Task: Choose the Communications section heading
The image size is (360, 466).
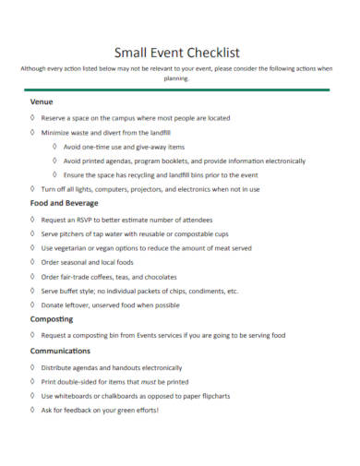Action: [60, 352]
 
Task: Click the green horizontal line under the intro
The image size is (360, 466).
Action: [180, 90]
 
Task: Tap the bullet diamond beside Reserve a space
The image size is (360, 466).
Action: [32, 118]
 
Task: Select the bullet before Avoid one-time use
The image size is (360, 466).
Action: [54, 147]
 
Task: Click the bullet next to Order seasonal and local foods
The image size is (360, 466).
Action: [32, 262]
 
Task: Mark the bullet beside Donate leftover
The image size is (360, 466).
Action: [32, 305]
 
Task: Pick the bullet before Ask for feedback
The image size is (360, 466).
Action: [32, 410]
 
